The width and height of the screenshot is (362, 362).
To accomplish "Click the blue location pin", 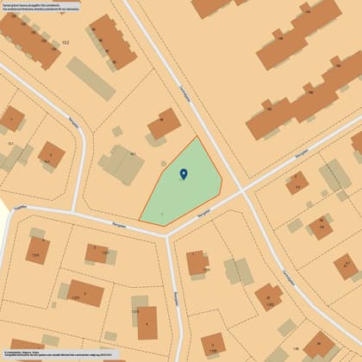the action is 183,174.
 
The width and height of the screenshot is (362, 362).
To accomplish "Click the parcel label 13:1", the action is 10,143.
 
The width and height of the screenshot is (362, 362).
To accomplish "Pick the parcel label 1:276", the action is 35,255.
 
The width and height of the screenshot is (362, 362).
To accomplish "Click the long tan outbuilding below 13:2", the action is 90,78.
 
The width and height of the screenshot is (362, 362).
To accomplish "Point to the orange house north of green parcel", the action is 164,124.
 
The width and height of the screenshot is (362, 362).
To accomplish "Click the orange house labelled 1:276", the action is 38,249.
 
